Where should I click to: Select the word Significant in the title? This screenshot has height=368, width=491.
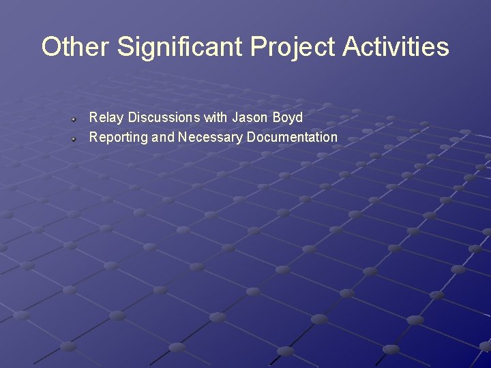[x=180, y=47]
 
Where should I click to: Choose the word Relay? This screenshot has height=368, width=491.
[x=104, y=118]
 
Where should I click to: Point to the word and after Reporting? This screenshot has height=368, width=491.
[x=163, y=138]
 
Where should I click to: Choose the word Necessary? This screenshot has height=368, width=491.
[x=211, y=138]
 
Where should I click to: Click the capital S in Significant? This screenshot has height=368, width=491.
[x=125, y=47]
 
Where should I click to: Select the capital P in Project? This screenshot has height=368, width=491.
[x=258, y=47]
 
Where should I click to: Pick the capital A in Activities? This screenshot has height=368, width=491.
[x=351, y=47]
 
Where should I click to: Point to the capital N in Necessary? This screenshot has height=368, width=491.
[x=183, y=138]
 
